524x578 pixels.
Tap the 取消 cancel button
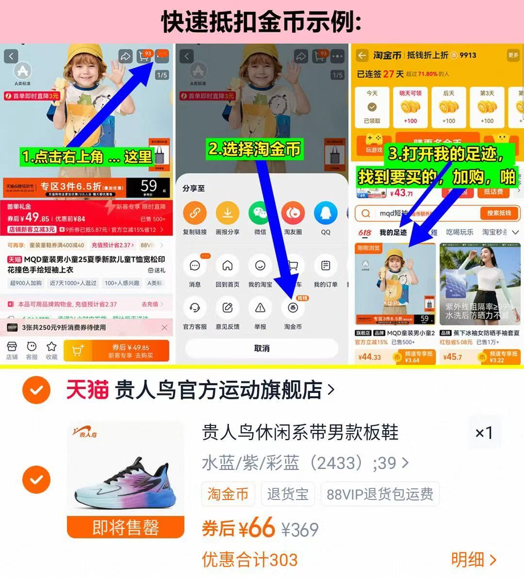(x=262, y=348)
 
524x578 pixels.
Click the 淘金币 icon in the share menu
(x=293, y=308)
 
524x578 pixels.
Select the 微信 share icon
(x=260, y=213)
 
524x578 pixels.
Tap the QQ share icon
(x=325, y=213)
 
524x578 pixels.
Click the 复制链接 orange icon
(x=195, y=213)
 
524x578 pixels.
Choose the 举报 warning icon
(x=260, y=308)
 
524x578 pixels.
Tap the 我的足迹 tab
(x=393, y=233)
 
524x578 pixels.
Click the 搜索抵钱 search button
(x=499, y=213)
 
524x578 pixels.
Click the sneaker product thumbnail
(x=126, y=472)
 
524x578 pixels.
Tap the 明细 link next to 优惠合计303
(x=474, y=560)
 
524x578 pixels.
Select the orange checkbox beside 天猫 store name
(x=36, y=390)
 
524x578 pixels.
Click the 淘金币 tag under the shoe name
(x=228, y=494)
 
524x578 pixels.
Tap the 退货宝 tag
(x=288, y=494)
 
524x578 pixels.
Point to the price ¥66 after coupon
(x=256, y=528)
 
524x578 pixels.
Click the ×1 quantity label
(x=484, y=433)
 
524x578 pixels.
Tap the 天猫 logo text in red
(x=87, y=390)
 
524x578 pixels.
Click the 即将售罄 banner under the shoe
(x=126, y=527)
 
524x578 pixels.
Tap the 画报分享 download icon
(x=227, y=213)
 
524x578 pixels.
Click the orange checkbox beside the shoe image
(x=36, y=480)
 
